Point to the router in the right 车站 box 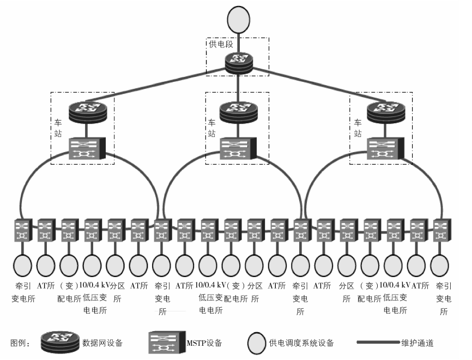tap(382, 113)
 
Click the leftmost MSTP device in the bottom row tap(22, 231)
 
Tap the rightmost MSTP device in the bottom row tap(440, 231)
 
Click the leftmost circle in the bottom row tap(22, 266)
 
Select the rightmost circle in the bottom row tap(440, 266)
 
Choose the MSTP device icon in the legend tap(166, 343)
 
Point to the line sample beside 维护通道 tap(377, 343)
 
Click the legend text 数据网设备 tap(102, 343)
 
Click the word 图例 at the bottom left tap(20, 343)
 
